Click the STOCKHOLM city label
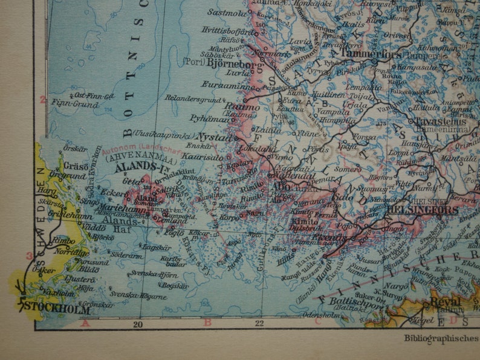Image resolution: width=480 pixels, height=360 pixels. click(58, 310)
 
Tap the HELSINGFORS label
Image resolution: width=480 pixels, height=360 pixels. click(423, 210)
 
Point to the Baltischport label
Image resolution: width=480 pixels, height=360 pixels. click(352, 305)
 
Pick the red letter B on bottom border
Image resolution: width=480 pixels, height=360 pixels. click(207, 322)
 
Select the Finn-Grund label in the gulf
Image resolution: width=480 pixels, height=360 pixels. click(68, 103)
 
